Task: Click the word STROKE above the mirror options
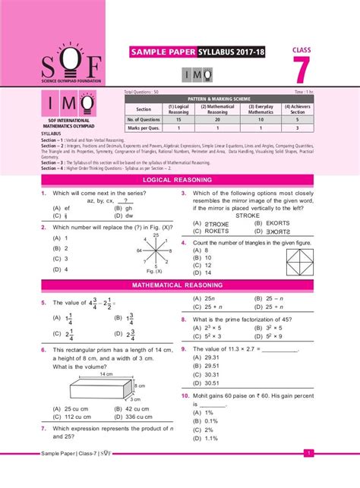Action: click(248, 216)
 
